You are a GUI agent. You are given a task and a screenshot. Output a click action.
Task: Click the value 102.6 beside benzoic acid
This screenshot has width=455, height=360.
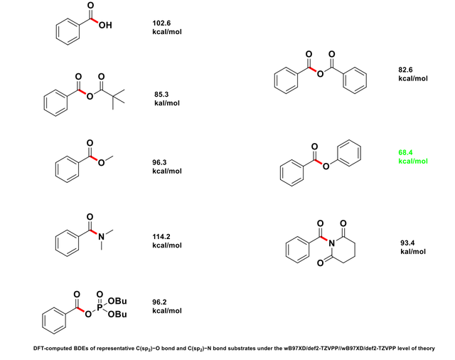[x=162, y=23]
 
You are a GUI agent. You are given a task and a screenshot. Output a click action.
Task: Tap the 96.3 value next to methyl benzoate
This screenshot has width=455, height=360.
[x=162, y=162]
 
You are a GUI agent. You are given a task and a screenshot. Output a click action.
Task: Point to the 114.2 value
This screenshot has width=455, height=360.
[x=164, y=236]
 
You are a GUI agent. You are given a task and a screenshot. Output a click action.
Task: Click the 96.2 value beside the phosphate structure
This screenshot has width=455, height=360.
[x=162, y=302]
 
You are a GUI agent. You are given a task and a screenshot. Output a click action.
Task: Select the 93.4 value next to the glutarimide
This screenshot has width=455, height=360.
[x=409, y=243]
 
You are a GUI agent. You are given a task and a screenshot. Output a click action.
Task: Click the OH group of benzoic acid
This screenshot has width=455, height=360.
[x=106, y=26]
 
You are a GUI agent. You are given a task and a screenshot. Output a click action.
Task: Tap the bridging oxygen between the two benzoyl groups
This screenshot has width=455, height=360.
[x=323, y=70]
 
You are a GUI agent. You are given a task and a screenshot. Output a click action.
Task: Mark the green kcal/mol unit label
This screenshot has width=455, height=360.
[x=413, y=161]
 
